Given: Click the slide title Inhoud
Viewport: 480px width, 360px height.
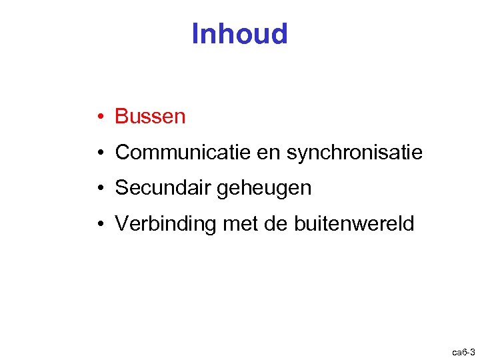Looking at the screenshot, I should [239, 33].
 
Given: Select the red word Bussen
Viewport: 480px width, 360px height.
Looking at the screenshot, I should [150, 117].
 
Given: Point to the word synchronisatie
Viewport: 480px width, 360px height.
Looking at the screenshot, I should [354, 153].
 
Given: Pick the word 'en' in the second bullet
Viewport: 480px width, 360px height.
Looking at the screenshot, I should [268, 153].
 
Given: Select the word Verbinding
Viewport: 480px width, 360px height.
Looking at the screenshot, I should [166, 224].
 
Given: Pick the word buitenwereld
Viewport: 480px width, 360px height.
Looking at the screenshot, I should [353, 224].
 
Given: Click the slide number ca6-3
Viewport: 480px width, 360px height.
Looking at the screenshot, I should [463, 351].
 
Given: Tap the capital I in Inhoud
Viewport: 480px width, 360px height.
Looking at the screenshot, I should [195, 33].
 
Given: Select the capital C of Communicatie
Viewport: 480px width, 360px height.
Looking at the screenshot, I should [122, 153].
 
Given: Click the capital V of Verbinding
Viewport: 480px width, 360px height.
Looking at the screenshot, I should [121, 224].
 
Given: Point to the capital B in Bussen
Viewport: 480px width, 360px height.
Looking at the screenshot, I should [121, 117].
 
